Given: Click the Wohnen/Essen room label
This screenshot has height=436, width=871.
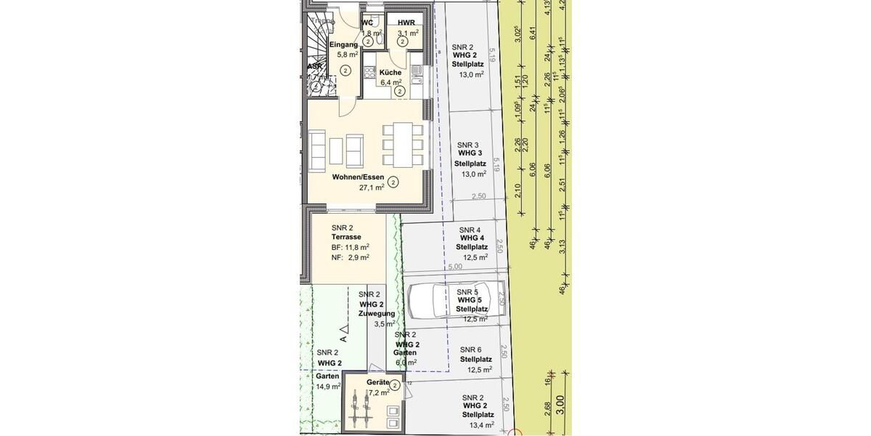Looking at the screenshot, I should click(x=358, y=177).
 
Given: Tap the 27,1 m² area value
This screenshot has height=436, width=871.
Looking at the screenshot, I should click(x=372, y=187).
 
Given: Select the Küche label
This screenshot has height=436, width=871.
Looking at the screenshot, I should click(x=390, y=72).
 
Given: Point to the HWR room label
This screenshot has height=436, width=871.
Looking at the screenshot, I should click(x=406, y=23).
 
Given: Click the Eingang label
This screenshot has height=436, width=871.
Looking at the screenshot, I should click(x=343, y=44).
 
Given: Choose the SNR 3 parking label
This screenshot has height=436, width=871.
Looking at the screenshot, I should click(x=466, y=145).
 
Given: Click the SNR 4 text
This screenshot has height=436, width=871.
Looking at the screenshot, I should click(x=470, y=230).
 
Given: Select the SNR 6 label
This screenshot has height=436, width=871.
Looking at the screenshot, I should click(x=470, y=350).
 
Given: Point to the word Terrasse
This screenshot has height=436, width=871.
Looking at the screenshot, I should click(x=346, y=237).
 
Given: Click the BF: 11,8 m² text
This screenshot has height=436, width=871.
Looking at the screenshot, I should click(x=350, y=247).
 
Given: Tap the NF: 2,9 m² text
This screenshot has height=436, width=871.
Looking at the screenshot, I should click(x=350, y=257).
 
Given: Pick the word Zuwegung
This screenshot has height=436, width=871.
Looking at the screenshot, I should click(x=377, y=313).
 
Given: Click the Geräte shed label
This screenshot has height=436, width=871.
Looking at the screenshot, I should click(x=377, y=382).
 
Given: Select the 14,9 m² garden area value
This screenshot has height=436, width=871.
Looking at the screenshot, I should click(x=327, y=387).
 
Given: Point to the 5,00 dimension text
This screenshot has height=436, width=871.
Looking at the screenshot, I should click(x=455, y=267).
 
